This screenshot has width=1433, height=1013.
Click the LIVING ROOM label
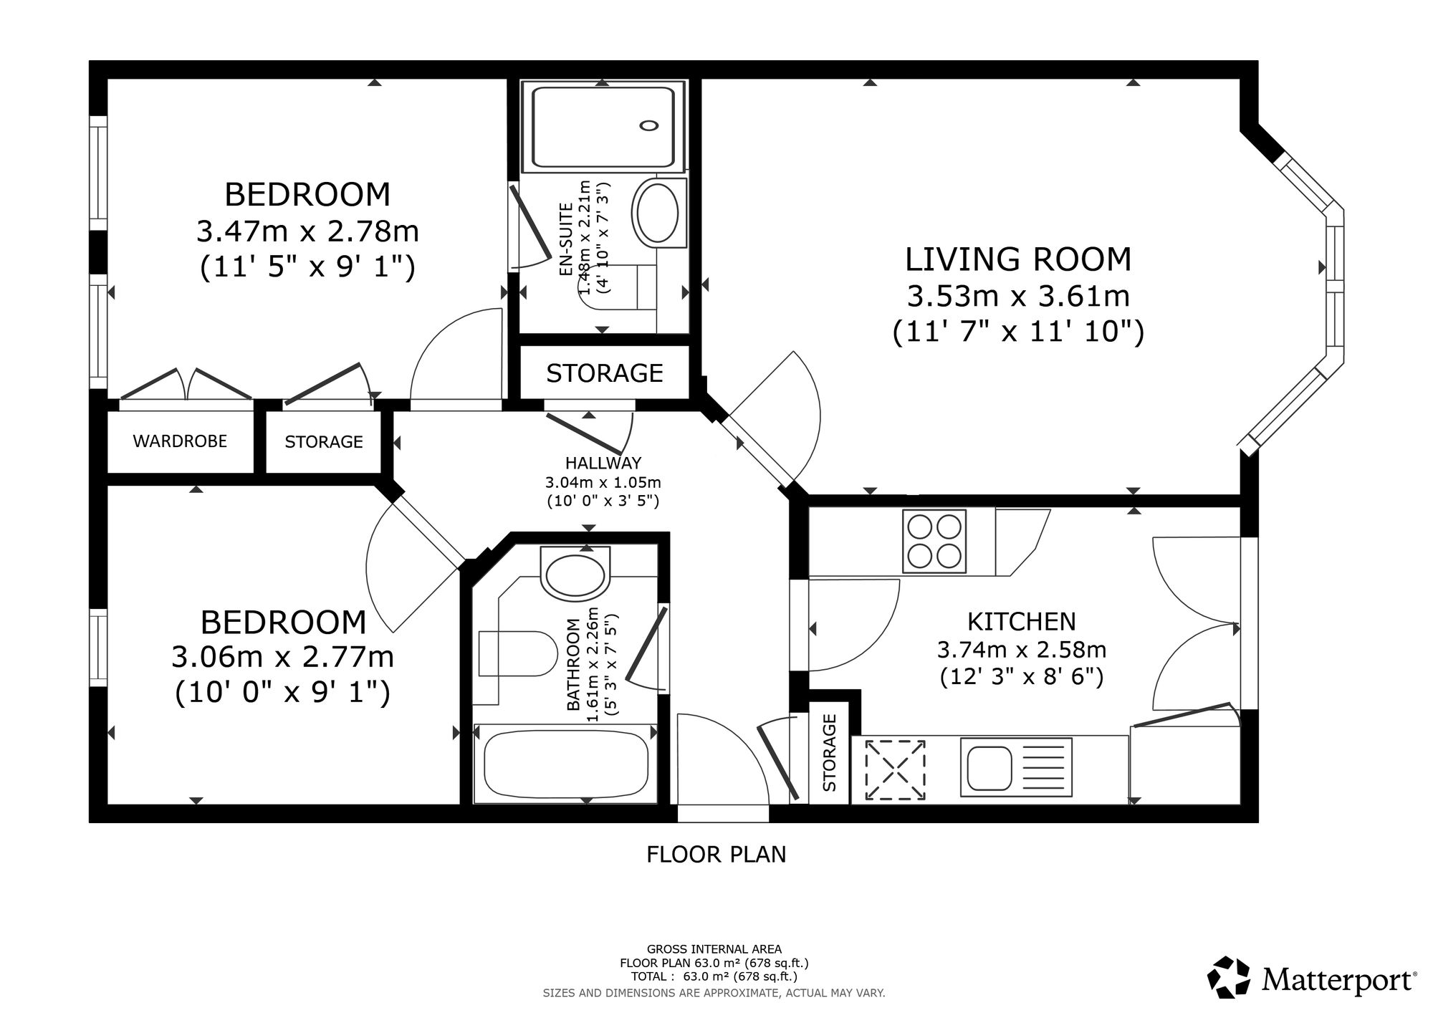pyautogui.click(x=1018, y=259)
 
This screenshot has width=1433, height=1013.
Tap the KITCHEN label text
pyautogui.click(x=1022, y=621)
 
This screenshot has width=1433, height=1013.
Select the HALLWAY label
pyautogui.click(x=603, y=463)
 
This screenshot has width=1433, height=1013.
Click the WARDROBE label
pyautogui.click(x=180, y=441)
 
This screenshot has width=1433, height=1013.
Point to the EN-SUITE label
pyautogui.click(x=567, y=240)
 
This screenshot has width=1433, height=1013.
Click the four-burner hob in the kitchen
pyautogui.click(x=934, y=541)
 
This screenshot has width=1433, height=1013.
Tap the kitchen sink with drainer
pyautogui.click(x=1016, y=767)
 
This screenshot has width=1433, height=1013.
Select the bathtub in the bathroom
pyautogui.click(x=566, y=764)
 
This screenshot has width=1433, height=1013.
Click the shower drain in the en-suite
pyautogui.click(x=649, y=125)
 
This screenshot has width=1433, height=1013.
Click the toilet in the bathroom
pyautogui.click(x=517, y=653)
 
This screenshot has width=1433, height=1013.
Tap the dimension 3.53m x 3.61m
pyautogui.click(x=1018, y=296)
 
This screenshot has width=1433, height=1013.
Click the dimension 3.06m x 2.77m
pyautogui.click(x=283, y=657)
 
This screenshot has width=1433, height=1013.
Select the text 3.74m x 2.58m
pyautogui.click(x=1022, y=650)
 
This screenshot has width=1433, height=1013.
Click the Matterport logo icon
pyautogui.click(x=1230, y=977)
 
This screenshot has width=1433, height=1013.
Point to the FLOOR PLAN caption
pyautogui.click(x=716, y=855)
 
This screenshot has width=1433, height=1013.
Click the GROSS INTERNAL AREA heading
pyautogui.click(x=714, y=950)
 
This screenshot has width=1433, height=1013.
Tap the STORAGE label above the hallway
pyautogui.click(x=605, y=373)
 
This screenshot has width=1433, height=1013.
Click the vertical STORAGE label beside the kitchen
pyautogui.click(x=830, y=752)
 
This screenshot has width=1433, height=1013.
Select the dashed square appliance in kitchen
pyautogui.click(x=895, y=771)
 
